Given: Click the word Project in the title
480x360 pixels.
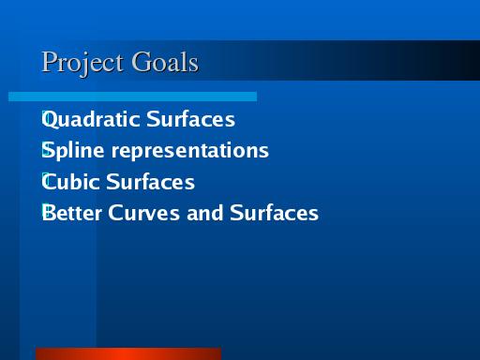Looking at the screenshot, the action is click(x=82, y=64).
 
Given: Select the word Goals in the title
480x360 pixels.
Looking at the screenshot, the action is click(x=165, y=62).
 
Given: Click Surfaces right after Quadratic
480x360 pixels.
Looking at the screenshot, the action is click(x=190, y=118).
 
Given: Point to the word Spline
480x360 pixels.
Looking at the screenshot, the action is click(x=73, y=151).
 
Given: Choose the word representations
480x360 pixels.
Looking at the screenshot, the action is click(x=190, y=151).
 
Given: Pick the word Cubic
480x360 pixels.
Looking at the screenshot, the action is click(x=70, y=182).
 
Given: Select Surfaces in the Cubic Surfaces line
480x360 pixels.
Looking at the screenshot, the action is click(x=150, y=181).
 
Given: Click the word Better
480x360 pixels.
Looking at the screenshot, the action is click(x=72, y=213).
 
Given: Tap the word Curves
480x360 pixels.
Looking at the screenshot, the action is click(x=143, y=213).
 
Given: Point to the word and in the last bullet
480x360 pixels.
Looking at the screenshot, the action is click(x=204, y=213).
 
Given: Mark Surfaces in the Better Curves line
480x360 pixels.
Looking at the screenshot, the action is click(x=274, y=213).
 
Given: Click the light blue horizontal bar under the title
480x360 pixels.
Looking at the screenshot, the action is click(x=132, y=97).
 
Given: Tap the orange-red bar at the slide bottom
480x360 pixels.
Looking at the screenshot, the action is click(x=128, y=353).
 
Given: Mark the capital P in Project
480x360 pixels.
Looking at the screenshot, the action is click(x=50, y=61).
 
